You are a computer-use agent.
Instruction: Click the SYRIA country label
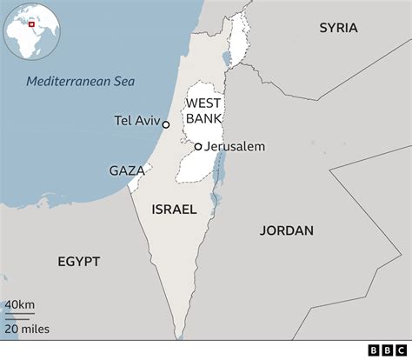coord(338,28)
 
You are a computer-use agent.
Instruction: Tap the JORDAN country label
coord(286,230)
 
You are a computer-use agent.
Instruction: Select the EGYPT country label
coord(79,261)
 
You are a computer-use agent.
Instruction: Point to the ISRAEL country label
coord(174,210)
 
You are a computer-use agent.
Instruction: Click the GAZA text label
coord(127,170)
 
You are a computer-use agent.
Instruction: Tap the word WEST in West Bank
coord(202,103)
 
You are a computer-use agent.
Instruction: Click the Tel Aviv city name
coord(137,121)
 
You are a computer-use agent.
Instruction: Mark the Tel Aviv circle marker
coord(166,124)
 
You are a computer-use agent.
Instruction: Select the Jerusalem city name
coord(235,147)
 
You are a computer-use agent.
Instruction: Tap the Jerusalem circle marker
coord(198,147)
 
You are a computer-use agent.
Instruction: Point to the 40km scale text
coord(20,304)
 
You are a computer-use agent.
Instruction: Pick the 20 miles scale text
coord(27,329)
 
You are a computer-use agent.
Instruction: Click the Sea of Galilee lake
coord(226,59)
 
